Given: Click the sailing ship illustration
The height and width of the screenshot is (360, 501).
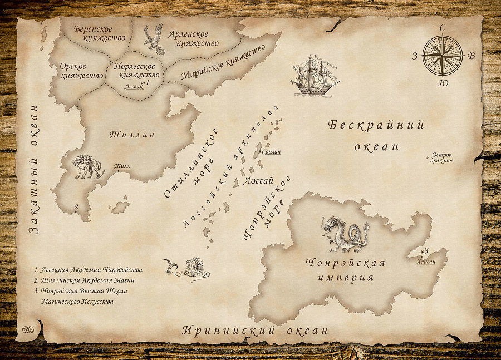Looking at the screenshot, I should click(x=314, y=76).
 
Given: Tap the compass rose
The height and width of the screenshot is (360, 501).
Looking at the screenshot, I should click(x=443, y=56).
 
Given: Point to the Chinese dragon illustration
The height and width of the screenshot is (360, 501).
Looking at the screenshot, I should click(x=345, y=233).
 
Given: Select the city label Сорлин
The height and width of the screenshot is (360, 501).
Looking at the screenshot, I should click(x=271, y=151).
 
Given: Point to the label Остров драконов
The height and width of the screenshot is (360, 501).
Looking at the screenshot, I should click(x=442, y=157).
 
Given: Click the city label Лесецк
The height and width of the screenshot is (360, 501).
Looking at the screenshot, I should click(x=134, y=87).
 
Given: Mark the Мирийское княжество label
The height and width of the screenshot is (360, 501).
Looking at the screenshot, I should click(x=223, y=63).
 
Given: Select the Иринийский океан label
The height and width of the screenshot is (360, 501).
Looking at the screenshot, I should click(x=256, y=331).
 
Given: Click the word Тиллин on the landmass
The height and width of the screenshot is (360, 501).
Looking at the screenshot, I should click(x=131, y=135).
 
